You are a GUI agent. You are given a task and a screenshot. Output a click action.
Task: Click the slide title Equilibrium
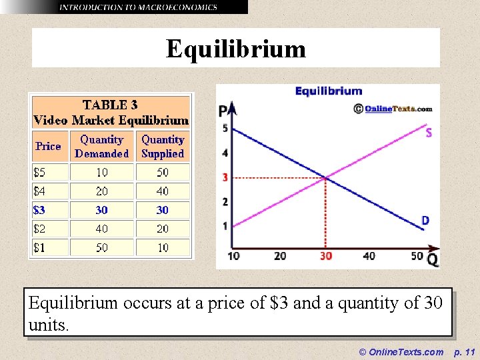[236, 49]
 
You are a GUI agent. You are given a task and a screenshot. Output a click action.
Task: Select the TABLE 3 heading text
[111, 105]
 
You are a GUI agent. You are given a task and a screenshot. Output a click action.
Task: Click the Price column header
[48, 146]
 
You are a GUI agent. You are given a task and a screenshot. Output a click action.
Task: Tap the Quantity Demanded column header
[101, 146]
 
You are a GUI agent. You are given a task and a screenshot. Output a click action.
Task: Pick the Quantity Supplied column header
[163, 146]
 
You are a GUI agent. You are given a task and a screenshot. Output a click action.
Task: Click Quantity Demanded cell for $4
[101, 191]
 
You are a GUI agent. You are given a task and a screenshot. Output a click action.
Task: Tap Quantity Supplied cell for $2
[163, 229]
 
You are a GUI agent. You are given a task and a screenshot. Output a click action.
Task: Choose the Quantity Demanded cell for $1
[101, 247]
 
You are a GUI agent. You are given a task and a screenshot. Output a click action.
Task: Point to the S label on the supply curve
[428, 133]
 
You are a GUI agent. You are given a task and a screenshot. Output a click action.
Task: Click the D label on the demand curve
[425, 221]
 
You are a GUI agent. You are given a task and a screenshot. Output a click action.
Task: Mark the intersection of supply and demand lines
[325, 177]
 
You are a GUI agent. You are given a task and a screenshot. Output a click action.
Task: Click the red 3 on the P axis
[225, 177]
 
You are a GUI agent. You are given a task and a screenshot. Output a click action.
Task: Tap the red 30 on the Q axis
[325, 256]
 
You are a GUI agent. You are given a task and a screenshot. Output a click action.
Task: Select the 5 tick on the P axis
[225, 128]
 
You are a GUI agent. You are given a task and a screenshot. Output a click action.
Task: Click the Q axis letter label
[433, 260]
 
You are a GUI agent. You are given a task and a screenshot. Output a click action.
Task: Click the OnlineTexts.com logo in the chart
[393, 109]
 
